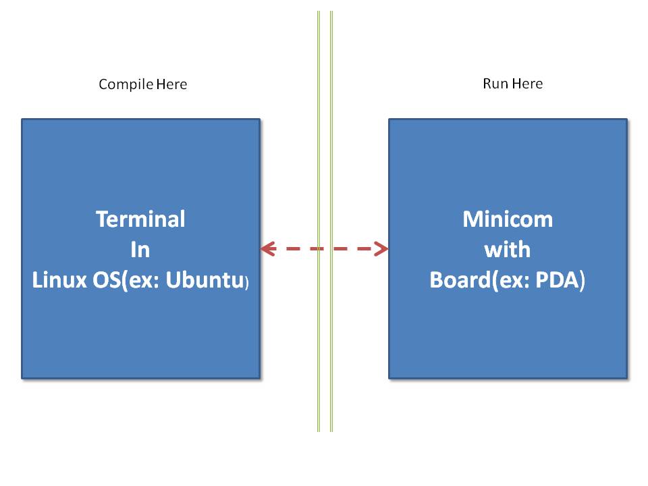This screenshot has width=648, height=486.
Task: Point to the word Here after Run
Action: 527,84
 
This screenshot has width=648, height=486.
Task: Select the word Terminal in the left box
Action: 140,219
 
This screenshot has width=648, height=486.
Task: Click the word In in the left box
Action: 140,250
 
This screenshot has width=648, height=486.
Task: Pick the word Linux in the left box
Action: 56,281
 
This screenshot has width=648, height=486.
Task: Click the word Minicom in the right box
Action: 508,219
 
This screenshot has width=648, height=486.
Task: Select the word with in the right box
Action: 508,250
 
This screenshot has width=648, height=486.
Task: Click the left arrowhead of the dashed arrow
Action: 267,249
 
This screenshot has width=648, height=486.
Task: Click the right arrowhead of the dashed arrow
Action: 381,249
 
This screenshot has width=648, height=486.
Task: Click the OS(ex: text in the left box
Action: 125,281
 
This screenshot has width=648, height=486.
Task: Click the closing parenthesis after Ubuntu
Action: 247,283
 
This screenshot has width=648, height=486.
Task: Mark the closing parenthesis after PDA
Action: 582,281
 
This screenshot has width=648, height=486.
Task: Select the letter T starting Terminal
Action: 102,219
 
